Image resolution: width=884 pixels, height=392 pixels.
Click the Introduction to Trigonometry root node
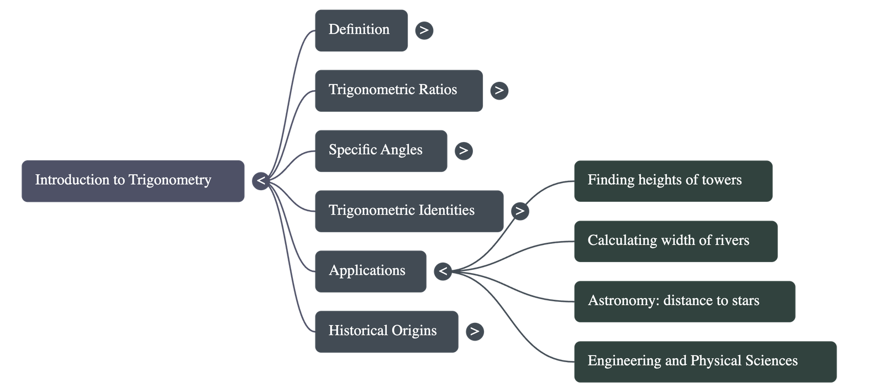pyautogui.click(x=133, y=181)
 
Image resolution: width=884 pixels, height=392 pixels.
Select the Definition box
pyautogui.click(x=361, y=30)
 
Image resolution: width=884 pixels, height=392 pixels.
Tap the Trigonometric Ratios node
pyautogui.click(x=398, y=90)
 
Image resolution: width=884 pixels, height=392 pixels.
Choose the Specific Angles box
pyautogui.click(x=381, y=150)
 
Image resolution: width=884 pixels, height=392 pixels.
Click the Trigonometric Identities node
pyautogui.click(x=409, y=211)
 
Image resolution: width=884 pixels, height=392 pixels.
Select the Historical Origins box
pyautogui.click(x=386, y=331)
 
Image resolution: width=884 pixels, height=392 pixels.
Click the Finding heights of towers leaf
pyautogui.click(x=673, y=181)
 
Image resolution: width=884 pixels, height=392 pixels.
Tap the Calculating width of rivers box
pyautogui.click(x=675, y=241)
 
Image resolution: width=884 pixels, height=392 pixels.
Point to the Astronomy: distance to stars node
pyautogui.click(x=685, y=301)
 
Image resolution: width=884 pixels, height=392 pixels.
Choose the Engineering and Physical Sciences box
pyautogui.click(x=705, y=362)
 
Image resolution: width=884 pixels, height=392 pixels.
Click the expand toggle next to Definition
pyautogui.click(x=424, y=30)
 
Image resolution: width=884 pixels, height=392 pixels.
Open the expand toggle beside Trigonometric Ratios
pyautogui.click(x=499, y=90)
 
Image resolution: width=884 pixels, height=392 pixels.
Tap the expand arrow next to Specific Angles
pyautogui.click(x=464, y=150)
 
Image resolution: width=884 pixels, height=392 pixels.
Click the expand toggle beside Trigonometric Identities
pyautogui.click(x=519, y=211)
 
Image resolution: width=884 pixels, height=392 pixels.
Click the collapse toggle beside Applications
pyautogui.click(x=443, y=271)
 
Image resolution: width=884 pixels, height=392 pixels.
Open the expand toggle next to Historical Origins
pyautogui.click(x=474, y=331)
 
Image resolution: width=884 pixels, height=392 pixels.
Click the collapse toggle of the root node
pyautogui.click(x=261, y=181)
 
